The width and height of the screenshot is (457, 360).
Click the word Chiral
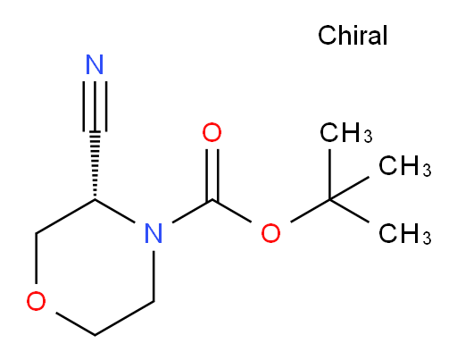click(353, 35)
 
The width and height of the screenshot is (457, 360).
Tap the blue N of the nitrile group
click(95, 64)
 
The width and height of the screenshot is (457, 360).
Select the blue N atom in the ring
click(154, 233)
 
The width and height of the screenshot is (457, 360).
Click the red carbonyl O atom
click(212, 132)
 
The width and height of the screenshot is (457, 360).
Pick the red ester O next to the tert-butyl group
click(270, 233)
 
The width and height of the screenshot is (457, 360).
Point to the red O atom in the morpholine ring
click(36, 301)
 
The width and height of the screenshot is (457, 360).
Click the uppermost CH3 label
click(345, 132)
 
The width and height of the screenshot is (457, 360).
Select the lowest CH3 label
click(404, 233)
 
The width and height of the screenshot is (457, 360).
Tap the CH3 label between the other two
click(404, 165)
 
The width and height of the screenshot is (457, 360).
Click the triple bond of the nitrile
click(95, 106)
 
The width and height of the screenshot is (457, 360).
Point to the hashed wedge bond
click(95, 165)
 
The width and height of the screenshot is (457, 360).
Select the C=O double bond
click(212, 174)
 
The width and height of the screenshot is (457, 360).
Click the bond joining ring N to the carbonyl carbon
click(192, 211)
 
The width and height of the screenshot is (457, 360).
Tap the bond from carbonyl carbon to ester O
click(232, 211)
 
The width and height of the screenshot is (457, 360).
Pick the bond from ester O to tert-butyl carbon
click(310, 211)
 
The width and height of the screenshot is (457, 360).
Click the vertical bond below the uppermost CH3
click(329, 174)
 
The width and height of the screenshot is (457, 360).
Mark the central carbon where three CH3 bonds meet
click(329, 199)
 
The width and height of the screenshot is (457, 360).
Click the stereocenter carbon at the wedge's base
click(95, 199)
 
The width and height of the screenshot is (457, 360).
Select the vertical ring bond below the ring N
click(154, 276)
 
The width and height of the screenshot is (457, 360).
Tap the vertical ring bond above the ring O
click(36, 258)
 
